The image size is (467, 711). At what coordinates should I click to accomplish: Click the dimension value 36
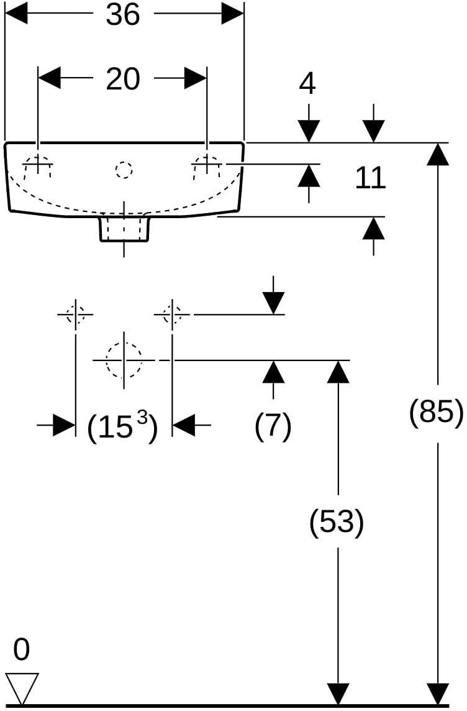123,14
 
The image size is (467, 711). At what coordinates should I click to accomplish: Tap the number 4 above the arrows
307,83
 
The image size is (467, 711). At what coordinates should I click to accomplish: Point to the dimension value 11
370,178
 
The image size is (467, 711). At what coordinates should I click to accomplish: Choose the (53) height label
337,522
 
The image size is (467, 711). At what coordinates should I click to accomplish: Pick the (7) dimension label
273,426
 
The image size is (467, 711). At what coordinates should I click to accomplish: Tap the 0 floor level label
21,649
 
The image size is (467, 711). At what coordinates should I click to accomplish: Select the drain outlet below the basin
124,229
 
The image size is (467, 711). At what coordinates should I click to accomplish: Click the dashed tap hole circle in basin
124,170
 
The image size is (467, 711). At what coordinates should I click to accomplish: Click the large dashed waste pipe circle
124,360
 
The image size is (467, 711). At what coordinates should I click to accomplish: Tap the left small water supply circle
76,314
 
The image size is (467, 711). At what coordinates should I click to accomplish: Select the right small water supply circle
171,314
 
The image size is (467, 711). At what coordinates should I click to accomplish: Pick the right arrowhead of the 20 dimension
196,78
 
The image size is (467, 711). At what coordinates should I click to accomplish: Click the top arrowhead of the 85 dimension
438,154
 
